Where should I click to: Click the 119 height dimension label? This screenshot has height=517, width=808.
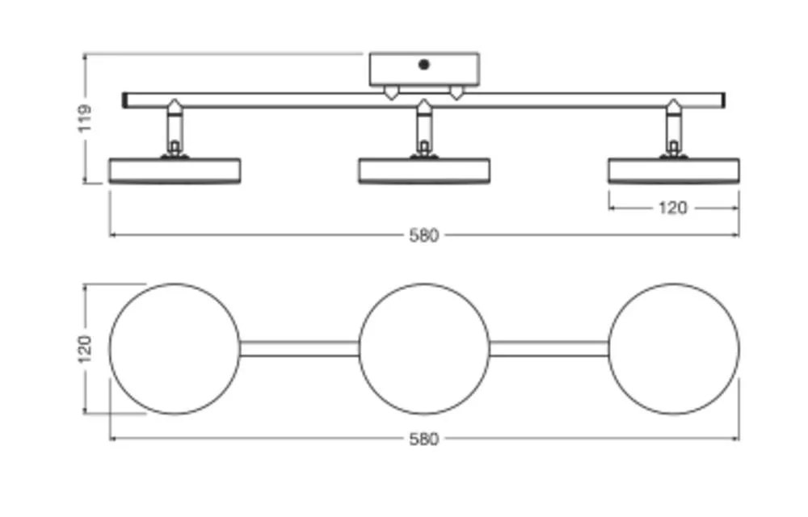click(x=86, y=118)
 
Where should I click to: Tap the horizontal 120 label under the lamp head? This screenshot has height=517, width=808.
click(x=672, y=208)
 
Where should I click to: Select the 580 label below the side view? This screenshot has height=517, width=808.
click(x=423, y=236)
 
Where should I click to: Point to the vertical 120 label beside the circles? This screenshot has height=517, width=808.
click(x=86, y=349)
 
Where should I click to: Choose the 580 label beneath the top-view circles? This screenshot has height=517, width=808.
click(x=423, y=439)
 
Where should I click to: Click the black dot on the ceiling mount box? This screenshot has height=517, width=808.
click(x=423, y=65)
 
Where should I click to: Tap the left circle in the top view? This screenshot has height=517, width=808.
click(x=175, y=349)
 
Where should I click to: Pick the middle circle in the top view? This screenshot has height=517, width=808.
click(x=424, y=349)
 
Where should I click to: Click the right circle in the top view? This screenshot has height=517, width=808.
click(x=673, y=349)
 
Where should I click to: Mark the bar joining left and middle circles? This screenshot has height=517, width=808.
click(x=299, y=349)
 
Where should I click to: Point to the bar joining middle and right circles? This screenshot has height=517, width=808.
click(x=549, y=349)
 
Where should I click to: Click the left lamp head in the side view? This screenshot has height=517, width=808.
click(x=175, y=170)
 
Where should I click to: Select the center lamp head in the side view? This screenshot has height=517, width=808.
click(x=424, y=170)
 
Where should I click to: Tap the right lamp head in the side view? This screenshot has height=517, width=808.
click(x=673, y=170)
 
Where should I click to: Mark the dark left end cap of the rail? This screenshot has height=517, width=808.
click(x=126, y=100)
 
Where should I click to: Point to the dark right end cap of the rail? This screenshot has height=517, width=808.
click(x=722, y=100)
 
